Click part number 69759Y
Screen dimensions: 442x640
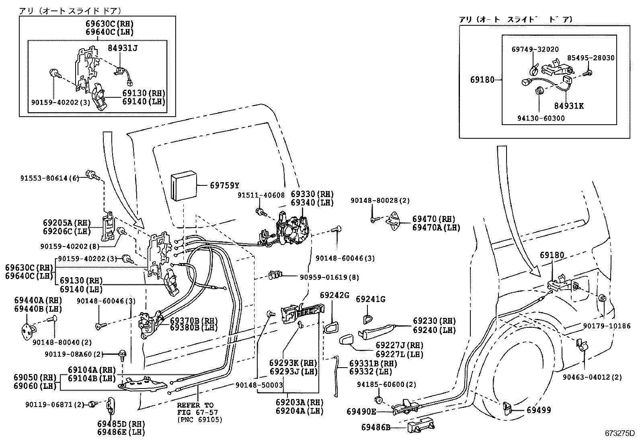pyautogui.click(x=224, y=185)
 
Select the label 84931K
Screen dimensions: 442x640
pyautogui.click(x=568, y=106)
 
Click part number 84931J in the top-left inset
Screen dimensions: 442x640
pyautogui.click(x=123, y=48)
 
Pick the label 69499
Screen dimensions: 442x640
pyautogui.click(x=539, y=410)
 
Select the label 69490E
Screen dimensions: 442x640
pyautogui.click(x=361, y=411)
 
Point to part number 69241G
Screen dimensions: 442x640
pyautogui.click(x=371, y=299)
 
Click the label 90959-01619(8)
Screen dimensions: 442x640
pyautogui.click(x=329, y=277)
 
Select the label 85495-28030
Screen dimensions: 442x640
pyautogui.click(x=591, y=58)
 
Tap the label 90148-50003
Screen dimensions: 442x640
pyautogui.click(x=259, y=385)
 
